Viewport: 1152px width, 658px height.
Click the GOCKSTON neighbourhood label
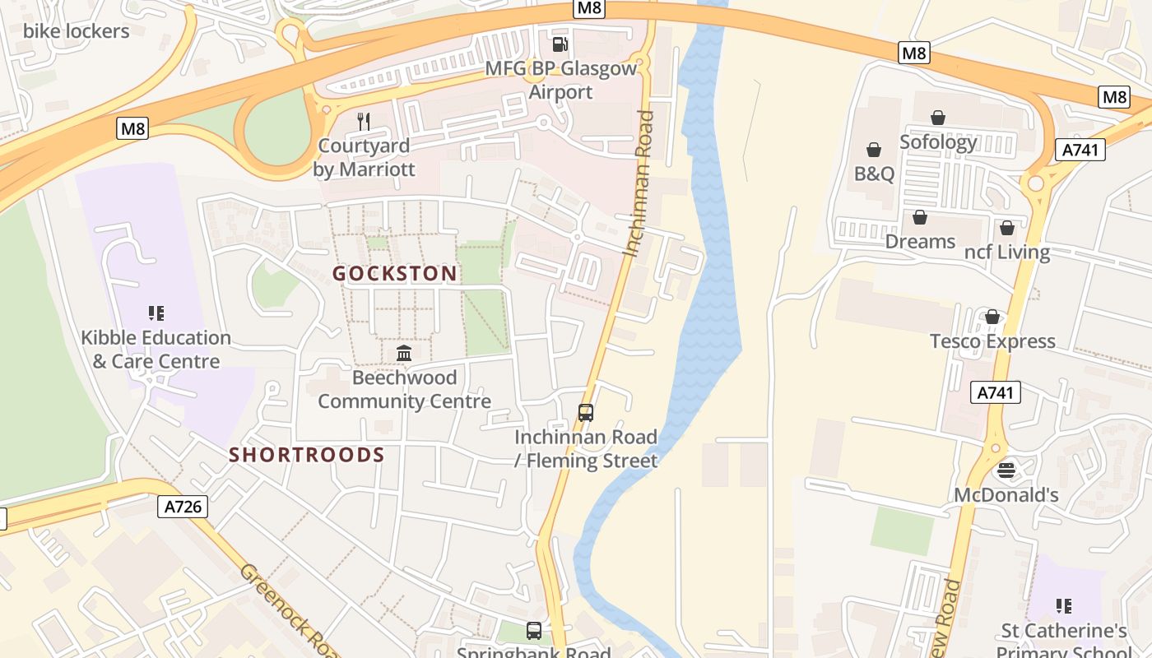pos(394,274)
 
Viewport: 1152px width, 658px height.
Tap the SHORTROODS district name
pos(306,455)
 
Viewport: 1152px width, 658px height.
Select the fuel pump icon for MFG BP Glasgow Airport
pos(560,44)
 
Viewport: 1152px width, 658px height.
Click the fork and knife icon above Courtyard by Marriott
pos(364,122)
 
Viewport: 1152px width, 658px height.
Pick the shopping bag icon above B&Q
pos(874,150)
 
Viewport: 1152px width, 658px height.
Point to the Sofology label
pos(938,141)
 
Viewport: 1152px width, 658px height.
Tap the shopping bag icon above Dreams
pos(920,217)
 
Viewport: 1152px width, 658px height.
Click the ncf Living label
pos(1007,252)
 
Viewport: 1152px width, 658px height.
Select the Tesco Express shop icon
pos(992,317)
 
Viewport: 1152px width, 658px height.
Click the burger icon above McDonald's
pos(1006,470)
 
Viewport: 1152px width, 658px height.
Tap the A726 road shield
pos(183,507)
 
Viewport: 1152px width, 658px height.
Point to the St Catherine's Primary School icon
pos(1063,606)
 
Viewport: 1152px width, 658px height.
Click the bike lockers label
pos(76,31)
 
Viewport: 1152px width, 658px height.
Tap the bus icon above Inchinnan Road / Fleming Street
pos(586,413)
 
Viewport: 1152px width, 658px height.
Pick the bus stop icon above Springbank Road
pos(534,631)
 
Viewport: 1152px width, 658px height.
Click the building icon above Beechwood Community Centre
pos(404,354)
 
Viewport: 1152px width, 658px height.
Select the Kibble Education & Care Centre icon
pos(156,313)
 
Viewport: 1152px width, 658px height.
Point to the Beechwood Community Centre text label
pos(404,390)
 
